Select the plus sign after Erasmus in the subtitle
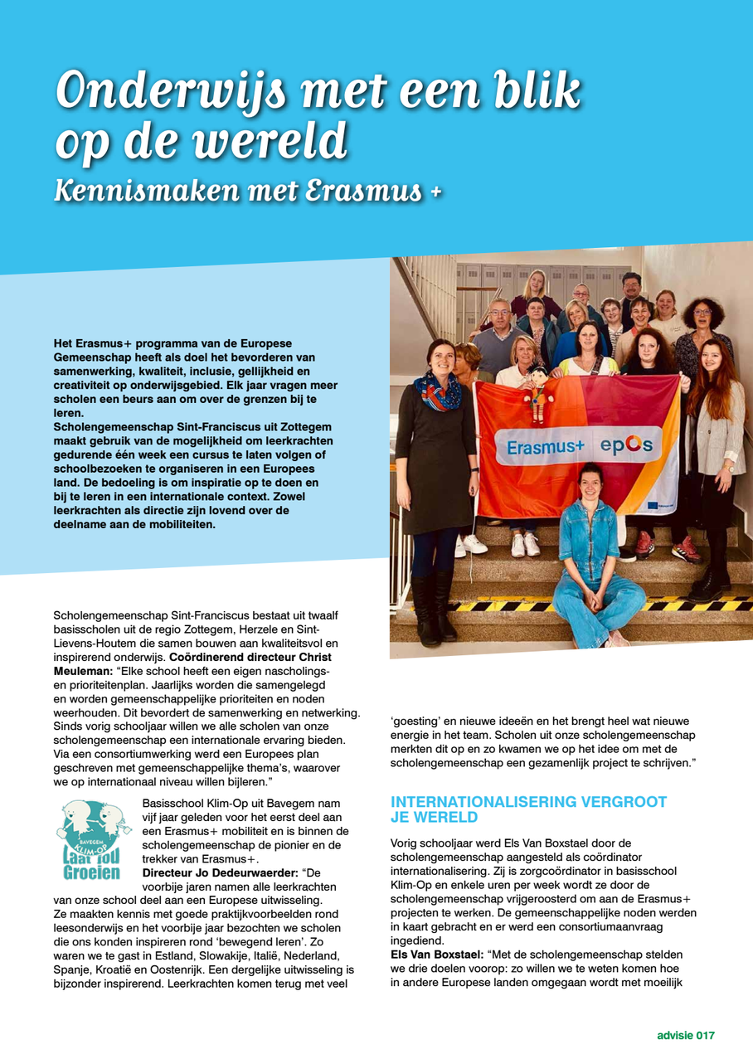point(435,190)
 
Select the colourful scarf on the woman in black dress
point(437,389)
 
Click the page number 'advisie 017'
point(685,1035)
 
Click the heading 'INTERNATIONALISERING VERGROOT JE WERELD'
point(528,809)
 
